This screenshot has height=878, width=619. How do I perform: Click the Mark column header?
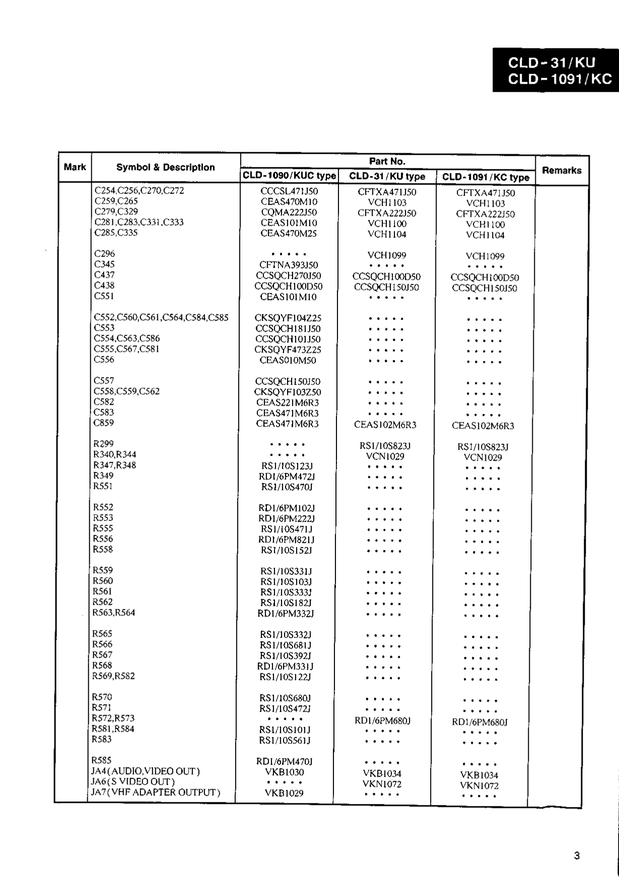tap(75, 167)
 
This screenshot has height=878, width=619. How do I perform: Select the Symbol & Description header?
tap(165, 167)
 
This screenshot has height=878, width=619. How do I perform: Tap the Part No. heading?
tap(387, 161)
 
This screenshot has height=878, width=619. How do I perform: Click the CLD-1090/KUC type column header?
tap(289, 176)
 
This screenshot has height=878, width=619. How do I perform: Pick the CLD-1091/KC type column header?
tap(485, 177)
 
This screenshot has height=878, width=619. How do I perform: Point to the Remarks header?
tap(562, 170)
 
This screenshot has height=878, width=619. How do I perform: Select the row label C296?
tap(104, 254)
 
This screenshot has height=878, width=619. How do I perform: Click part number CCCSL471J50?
tap(289, 192)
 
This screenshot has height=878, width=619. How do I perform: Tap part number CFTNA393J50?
tap(289, 265)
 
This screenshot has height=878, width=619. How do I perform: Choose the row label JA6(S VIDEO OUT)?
tap(132, 782)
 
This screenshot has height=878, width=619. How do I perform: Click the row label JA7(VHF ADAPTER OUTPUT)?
tap(155, 792)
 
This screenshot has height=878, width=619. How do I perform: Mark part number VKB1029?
tap(284, 793)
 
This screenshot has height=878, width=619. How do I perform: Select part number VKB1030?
tap(284, 772)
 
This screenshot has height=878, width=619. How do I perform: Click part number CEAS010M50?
tap(288, 360)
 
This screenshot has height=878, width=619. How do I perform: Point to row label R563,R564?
tap(113, 612)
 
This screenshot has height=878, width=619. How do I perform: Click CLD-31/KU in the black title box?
tap(552, 63)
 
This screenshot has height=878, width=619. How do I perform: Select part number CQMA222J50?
tap(289, 212)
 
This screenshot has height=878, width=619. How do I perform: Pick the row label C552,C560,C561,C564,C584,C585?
tap(161, 318)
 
